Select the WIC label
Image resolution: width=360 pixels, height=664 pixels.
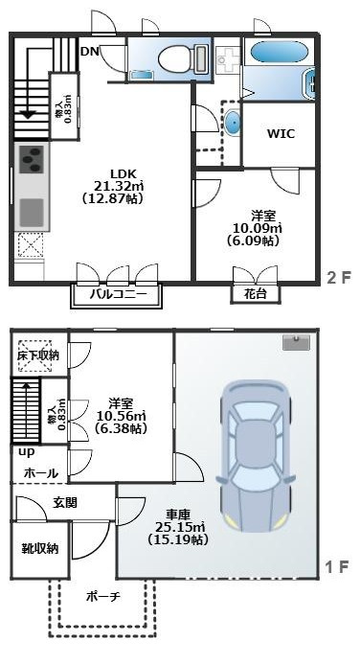(x=280, y=134)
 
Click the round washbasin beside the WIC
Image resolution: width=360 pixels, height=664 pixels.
(x=233, y=122)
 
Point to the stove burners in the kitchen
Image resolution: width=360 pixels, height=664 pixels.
(x=30, y=157)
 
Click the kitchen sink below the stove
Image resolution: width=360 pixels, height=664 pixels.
(x=30, y=208)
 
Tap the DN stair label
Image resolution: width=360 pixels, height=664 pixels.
(x=89, y=51)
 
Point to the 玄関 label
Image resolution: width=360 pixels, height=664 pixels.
(x=65, y=502)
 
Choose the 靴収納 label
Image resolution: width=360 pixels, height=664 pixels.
(x=40, y=549)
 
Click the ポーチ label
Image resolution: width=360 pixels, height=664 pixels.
(x=101, y=597)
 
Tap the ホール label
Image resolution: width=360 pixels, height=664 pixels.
(x=39, y=473)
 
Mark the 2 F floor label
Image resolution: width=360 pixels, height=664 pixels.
(x=337, y=278)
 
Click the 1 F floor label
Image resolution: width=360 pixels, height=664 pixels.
(x=337, y=567)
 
